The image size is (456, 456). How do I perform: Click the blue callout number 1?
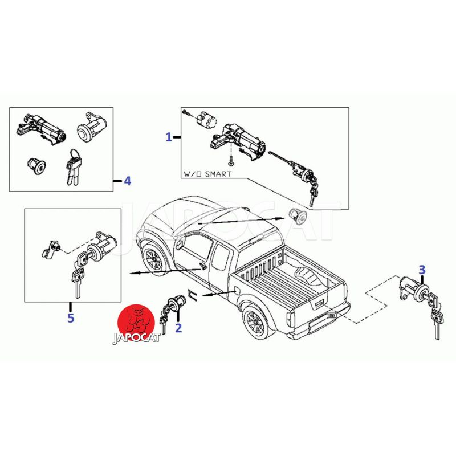click(169, 137)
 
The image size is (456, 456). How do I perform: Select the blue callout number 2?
click(178, 328)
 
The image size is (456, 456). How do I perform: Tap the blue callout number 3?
click(422, 270)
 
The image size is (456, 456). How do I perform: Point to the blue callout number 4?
click(127, 181)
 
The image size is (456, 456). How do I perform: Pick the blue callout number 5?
click(71, 318)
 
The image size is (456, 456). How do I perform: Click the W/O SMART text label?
click(207, 174)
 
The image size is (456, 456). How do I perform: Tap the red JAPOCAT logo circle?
click(136, 321)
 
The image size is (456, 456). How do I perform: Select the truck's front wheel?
click(153, 259)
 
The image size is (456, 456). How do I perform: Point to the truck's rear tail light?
click(290, 319)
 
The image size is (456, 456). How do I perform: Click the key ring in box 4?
click(74, 154)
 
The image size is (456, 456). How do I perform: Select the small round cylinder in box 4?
click(36, 166)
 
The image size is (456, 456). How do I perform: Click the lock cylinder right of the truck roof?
click(297, 217)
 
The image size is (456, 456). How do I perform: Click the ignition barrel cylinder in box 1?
click(206, 120)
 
